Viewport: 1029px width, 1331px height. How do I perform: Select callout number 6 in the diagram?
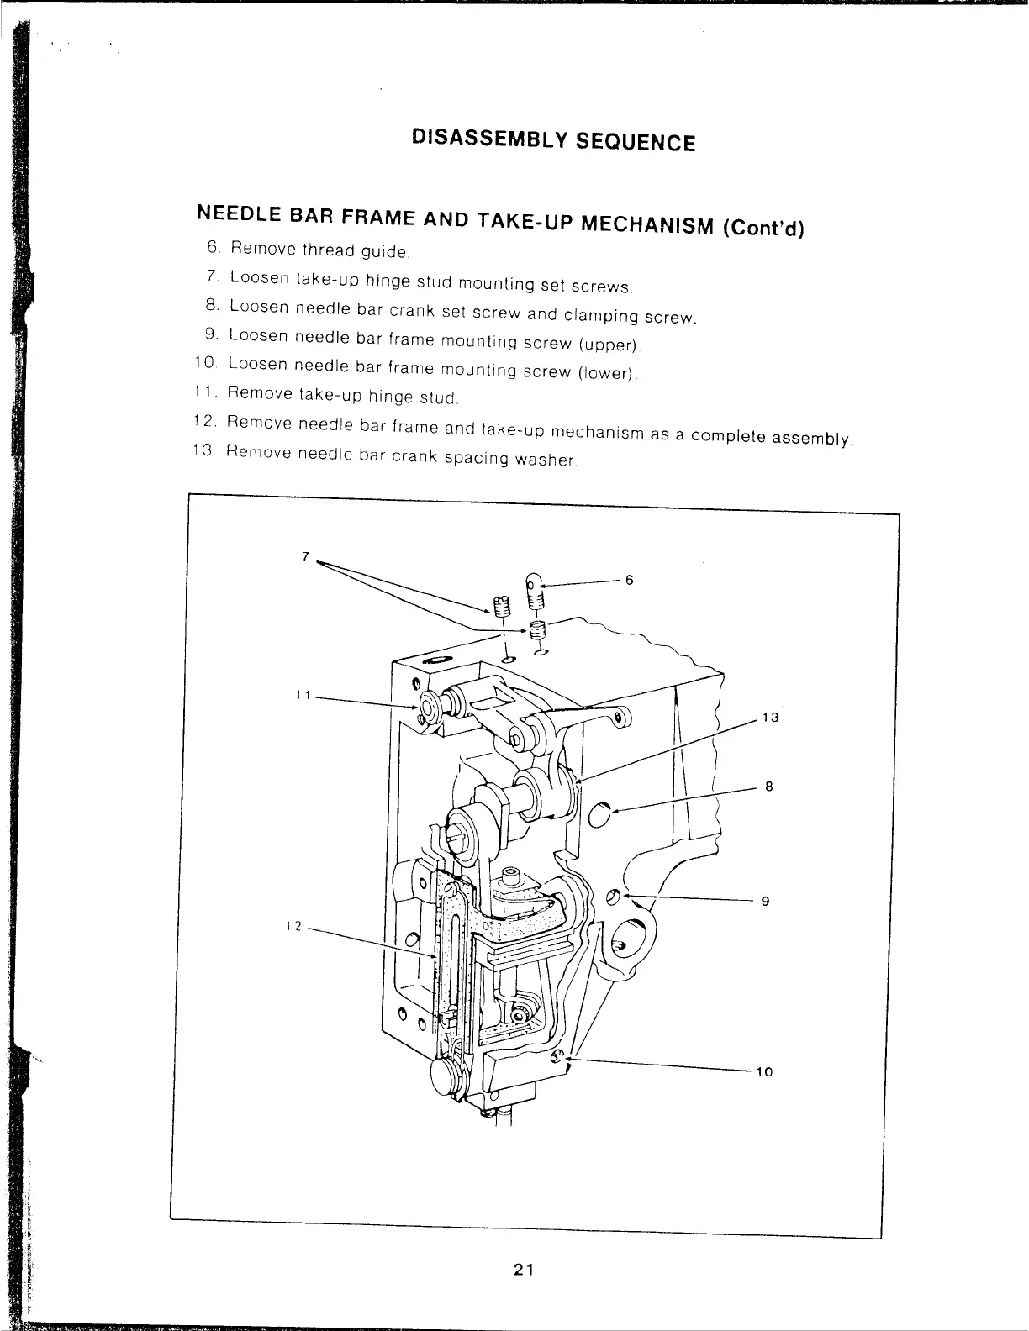click(628, 580)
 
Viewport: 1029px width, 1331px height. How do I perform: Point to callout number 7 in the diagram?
click(306, 556)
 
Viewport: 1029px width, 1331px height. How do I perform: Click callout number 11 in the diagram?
click(303, 695)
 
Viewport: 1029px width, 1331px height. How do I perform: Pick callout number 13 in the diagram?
click(768, 718)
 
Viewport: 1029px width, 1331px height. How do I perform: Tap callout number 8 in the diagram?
click(768, 787)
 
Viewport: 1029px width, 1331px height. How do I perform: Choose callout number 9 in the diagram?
click(765, 902)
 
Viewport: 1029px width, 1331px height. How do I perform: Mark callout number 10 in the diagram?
click(763, 1072)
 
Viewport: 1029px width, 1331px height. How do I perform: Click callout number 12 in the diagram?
click(293, 925)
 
